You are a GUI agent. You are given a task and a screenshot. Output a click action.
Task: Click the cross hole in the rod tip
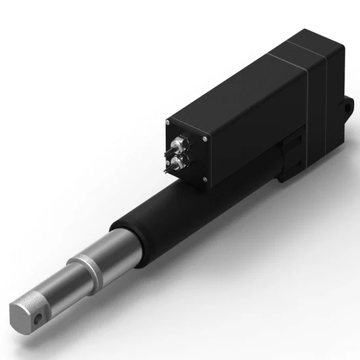point(40,317)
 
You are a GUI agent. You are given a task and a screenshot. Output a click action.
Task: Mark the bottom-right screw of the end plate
point(204,179)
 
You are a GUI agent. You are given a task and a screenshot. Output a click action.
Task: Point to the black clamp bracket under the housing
point(291,157)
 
